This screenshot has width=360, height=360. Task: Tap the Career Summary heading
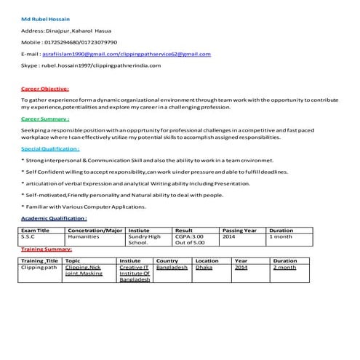click(x=45, y=119)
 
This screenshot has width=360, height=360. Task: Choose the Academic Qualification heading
click(x=54, y=217)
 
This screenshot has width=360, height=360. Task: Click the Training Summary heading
click(x=46, y=249)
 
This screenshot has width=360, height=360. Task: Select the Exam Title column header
click(x=35, y=230)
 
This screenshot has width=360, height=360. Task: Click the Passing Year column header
click(x=239, y=230)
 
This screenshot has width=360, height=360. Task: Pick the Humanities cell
click(x=83, y=236)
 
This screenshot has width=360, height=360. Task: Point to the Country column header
click(x=167, y=260)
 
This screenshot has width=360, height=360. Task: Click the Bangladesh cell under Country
click(x=172, y=268)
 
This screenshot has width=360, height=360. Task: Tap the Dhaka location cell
click(x=204, y=268)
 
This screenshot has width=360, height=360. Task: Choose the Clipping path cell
click(x=39, y=268)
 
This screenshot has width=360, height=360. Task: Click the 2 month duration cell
click(x=284, y=268)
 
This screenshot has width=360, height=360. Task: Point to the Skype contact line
click(x=91, y=65)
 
